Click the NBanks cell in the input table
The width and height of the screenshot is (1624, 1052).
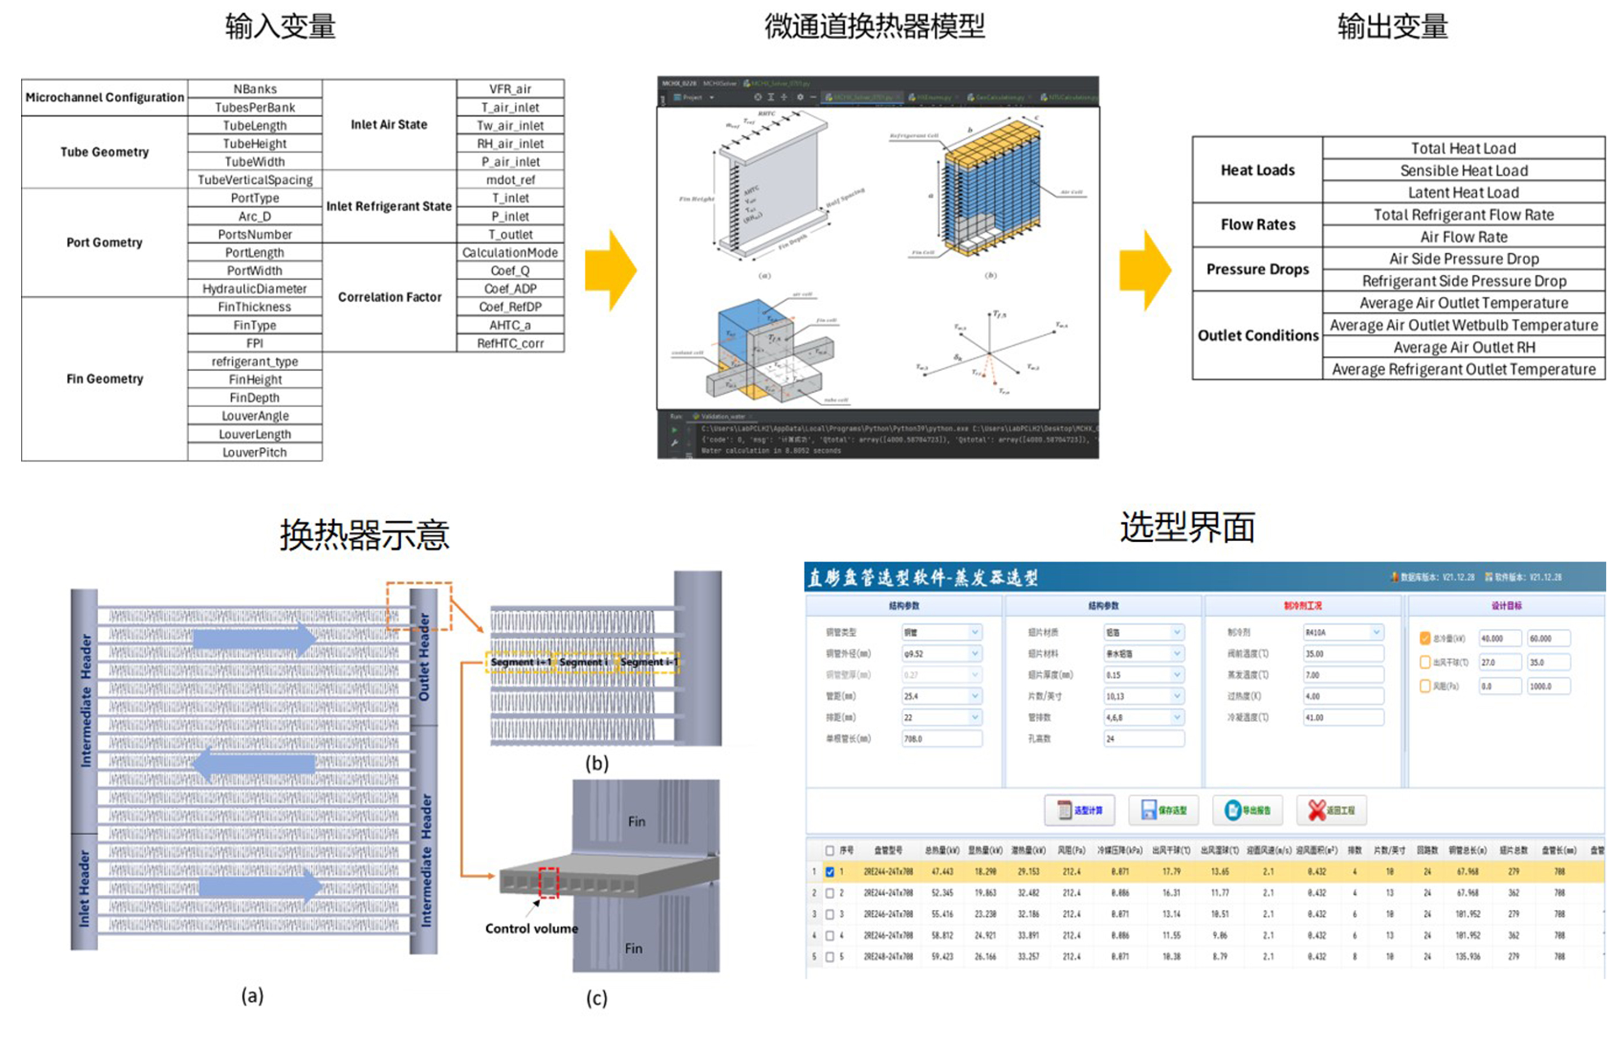(254, 89)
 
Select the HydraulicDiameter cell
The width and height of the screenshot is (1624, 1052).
(254, 289)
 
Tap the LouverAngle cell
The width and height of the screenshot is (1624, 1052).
(254, 415)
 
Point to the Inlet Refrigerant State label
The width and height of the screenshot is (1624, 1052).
(389, 206)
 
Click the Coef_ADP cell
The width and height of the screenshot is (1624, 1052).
(510, 289)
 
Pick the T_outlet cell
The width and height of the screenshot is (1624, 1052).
(510, 234)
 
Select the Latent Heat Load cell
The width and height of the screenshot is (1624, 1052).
(1463, 193)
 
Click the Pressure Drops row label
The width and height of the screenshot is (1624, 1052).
(1257, 269)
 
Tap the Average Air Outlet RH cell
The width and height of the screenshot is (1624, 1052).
(1463, 347)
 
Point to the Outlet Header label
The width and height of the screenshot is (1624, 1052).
(424, 656)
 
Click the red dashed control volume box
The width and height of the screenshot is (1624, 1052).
(549, 883)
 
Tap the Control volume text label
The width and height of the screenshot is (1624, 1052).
(531, 928)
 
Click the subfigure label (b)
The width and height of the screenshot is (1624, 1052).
(597, 763)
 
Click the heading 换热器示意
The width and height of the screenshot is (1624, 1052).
(364, 535)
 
